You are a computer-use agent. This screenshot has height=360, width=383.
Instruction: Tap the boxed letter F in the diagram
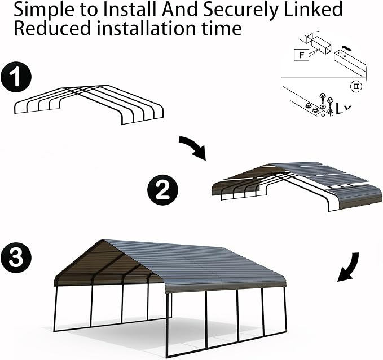tap(301, 55)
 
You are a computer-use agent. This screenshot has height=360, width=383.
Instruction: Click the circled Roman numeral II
tap(356, 86)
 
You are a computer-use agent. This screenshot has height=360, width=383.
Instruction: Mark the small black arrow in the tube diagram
tap(348, 48)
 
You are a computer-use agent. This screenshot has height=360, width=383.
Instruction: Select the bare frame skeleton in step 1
tap(89, 104)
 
